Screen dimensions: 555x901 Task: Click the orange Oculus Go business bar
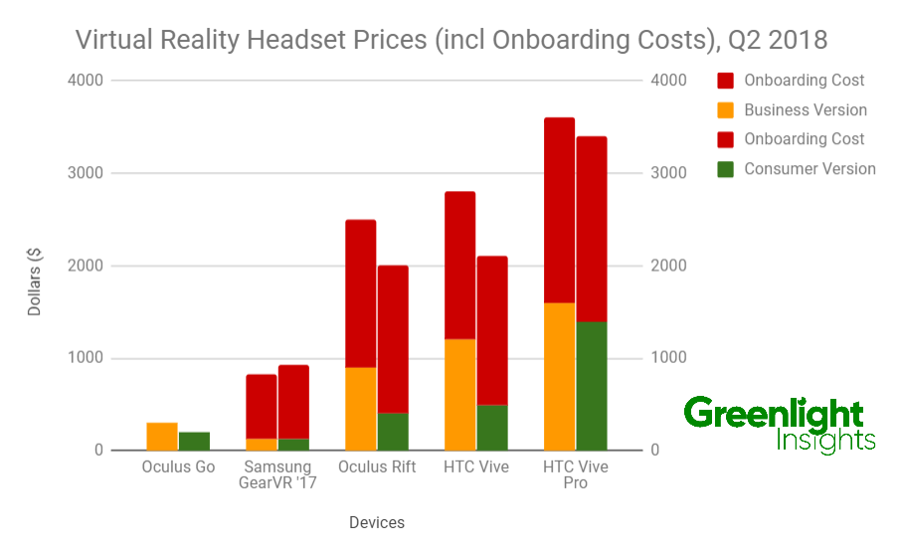(x=162, y=437)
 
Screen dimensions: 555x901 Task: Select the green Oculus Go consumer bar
(x=194, y=442)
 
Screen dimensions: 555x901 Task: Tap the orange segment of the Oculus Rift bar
(x=360, y=409)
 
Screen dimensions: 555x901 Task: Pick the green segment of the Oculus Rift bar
(x=393, y=432)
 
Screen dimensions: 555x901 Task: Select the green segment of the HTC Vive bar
(x=492, y=428)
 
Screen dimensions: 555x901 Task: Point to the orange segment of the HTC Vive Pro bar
(x=559, y=377)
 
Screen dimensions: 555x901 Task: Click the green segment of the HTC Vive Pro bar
(x=592, y=386)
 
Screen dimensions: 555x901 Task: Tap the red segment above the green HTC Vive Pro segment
(x=592, y=229)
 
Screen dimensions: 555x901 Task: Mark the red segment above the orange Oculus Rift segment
(x=360, y=293)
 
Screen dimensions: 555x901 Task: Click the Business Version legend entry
(x=805, y=110)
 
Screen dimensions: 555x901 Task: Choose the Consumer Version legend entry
(x=809, y=169)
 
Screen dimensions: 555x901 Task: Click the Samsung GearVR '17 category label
(x=277, y=474)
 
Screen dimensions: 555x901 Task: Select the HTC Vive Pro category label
(x=576, y=474)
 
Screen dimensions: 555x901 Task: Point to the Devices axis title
(x=377, y=522)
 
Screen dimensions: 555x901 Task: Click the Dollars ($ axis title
(x=35, y=281)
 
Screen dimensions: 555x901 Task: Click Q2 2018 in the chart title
(x=779, y=41)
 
